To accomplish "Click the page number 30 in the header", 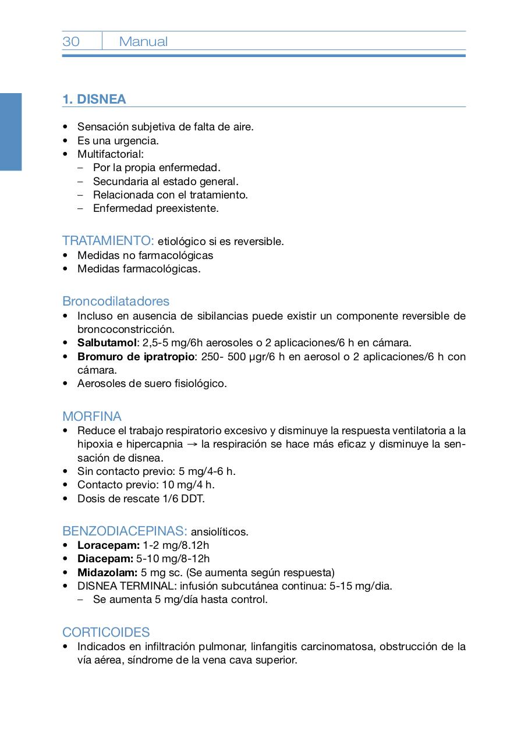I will pos(71,41).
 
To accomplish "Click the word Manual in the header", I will pos(143,41).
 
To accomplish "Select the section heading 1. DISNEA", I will pos(94,99).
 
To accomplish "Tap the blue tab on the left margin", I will pos(10,132).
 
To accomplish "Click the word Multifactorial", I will pos(110,154).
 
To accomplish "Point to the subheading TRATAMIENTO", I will pos(108,240).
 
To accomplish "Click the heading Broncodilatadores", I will pos(116,301).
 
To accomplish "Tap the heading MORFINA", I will pos(92,417).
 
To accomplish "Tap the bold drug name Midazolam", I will pos(107,572).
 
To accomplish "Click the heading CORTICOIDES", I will pos(106,632).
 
